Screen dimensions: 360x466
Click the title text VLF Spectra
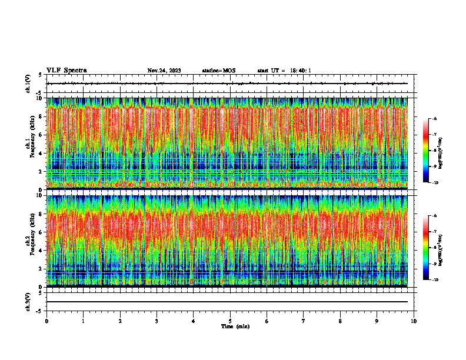(66, 71)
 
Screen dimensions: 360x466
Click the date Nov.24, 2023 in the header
(164, 71)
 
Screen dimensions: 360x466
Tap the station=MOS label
(218, 71)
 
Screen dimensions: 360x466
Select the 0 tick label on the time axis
(46, 321)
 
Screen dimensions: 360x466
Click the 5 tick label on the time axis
(230, 321)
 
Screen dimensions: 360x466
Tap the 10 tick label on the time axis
(414, 321)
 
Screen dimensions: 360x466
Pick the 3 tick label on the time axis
(157, 321)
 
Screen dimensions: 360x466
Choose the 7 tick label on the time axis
(304, 321)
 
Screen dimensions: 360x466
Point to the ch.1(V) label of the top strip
(28, 84)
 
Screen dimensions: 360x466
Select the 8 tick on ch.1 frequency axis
(40, 116)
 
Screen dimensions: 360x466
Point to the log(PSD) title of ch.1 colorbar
(448, 151)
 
